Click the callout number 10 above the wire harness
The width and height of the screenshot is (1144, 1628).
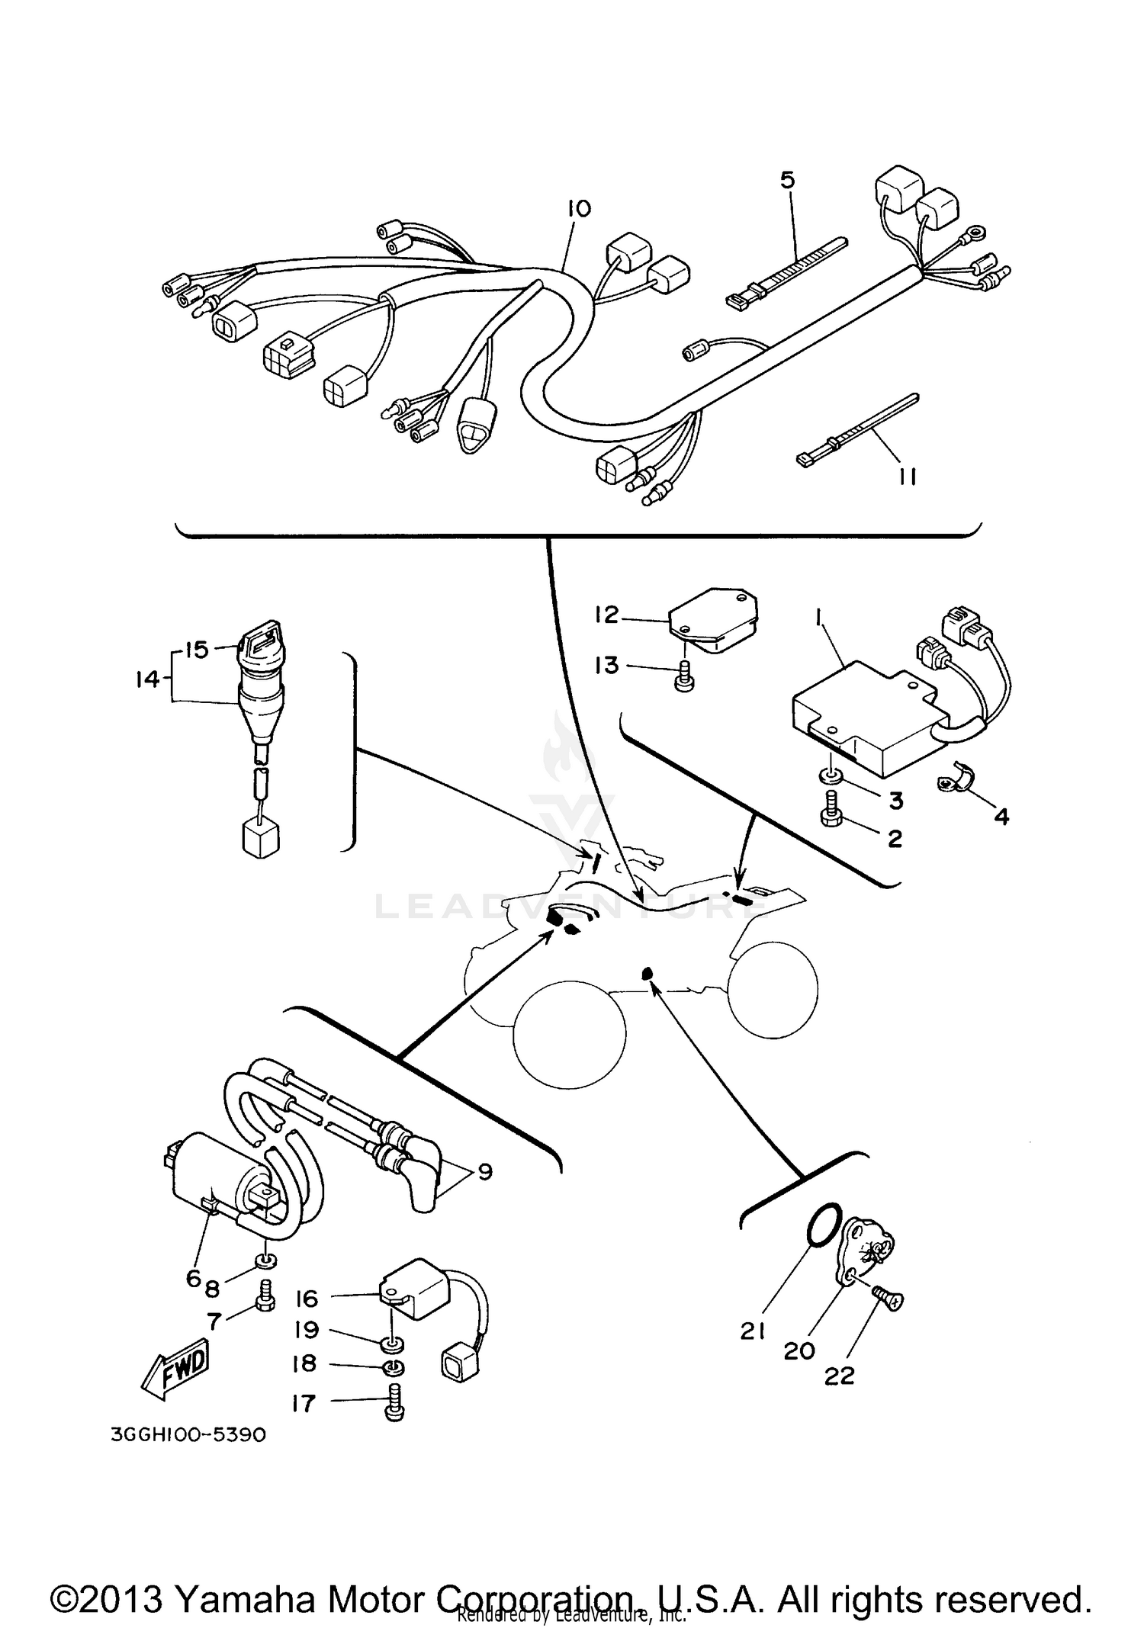(579, 208)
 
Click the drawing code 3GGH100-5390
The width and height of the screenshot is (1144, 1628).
(188, 1434)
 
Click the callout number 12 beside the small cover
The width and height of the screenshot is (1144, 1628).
(606, 615)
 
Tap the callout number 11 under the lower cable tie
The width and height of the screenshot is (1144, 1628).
(907, 477)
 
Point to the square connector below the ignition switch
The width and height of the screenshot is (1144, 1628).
(261, 839)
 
